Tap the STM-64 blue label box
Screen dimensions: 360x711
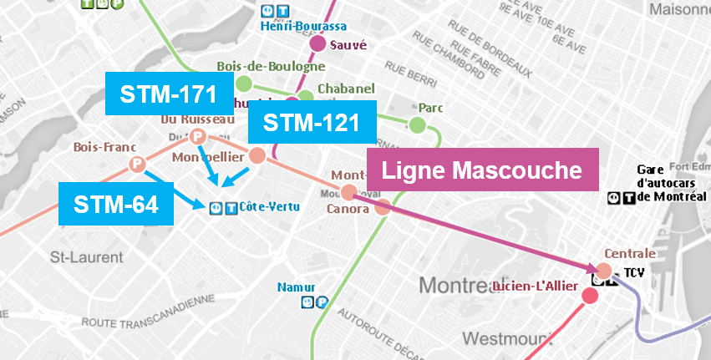[116, 205]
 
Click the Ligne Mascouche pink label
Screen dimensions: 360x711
[481, 170]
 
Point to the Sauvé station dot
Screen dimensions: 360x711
[317, 44]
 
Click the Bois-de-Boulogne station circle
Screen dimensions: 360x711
[244, 83]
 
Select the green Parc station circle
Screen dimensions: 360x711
[417, 125]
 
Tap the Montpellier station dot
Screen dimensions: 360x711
[257, 155]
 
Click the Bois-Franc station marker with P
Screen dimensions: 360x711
[136, 165]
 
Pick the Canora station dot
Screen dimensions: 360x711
[382, 208]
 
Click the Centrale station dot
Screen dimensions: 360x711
[603, 271]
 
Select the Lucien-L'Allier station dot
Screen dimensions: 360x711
[590, 296]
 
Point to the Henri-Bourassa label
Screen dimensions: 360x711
[292, 27]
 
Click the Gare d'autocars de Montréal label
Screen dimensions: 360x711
[672, 183]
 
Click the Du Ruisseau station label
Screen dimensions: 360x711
[198, 119]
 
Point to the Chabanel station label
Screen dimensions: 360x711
[338, 89]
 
